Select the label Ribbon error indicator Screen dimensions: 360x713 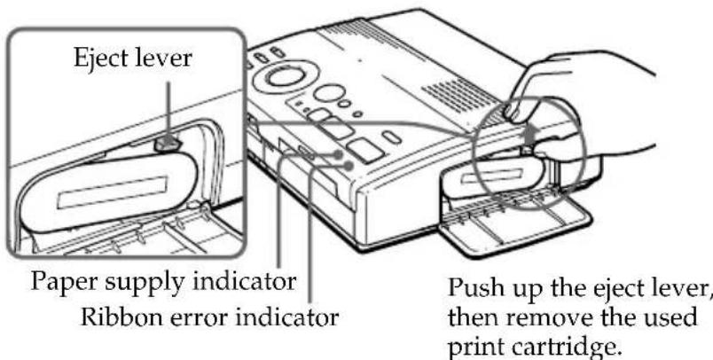[x=211, y=315]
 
